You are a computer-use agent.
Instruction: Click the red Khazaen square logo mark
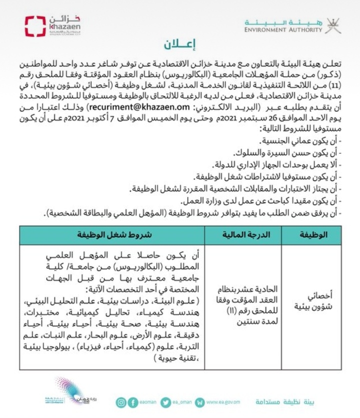point(35,26)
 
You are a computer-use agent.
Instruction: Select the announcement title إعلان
point(179,45)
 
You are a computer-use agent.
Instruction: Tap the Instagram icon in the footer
point(121,402)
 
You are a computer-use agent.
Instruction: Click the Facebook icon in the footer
point(133,402)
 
